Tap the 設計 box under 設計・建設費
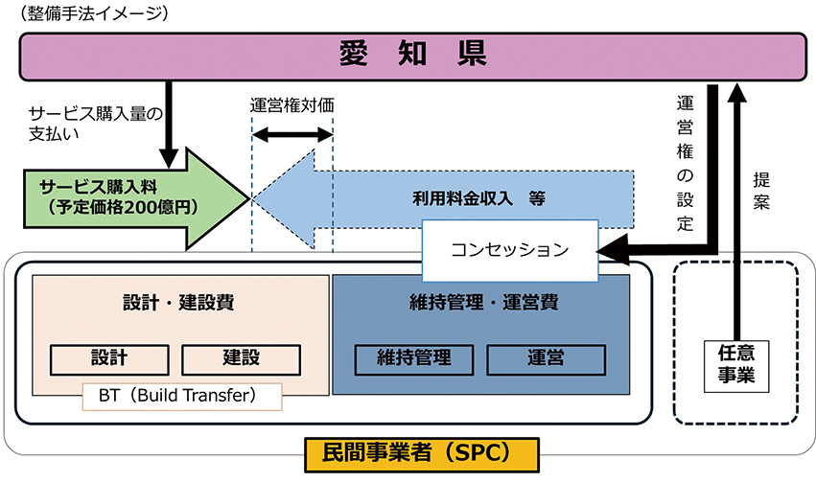point(108,359)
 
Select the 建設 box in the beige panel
point(241,359)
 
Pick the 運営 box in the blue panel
point(546,359)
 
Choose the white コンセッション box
point(509,250)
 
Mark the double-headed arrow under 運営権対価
point(291,138)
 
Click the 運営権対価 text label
point(291,106)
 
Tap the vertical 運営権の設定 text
point(685,163)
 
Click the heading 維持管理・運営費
point(479,303)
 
